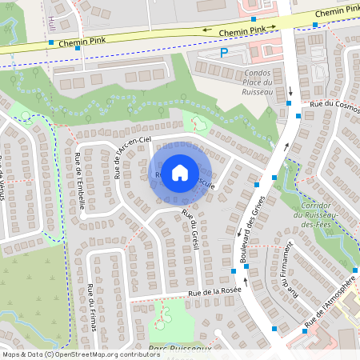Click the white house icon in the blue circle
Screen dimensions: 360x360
point(180,173)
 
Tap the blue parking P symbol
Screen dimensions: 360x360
point(224,53)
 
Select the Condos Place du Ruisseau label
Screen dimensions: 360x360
point(258,82)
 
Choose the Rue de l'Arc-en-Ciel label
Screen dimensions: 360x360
point(132,156)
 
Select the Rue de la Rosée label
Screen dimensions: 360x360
point(215,294)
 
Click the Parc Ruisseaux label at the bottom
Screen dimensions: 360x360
point(179,349)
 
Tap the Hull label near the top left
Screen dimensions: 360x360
point(51,21)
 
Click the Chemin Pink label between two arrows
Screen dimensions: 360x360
point(242,30)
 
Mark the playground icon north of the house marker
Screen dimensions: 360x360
point(198,124)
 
